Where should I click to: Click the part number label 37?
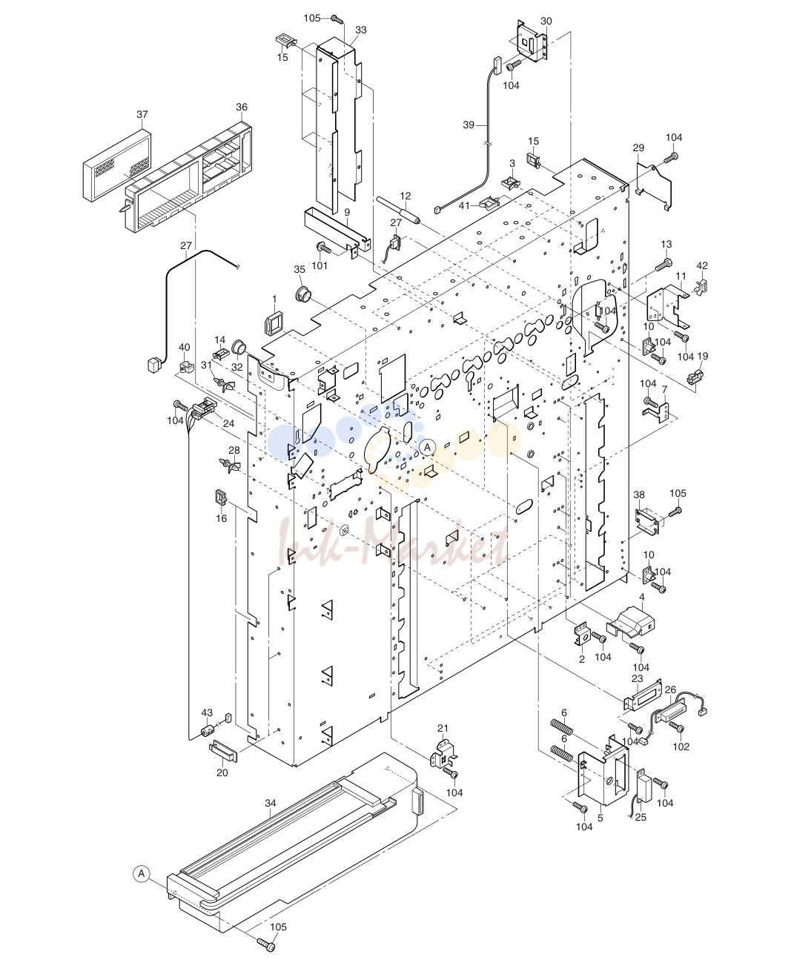142,114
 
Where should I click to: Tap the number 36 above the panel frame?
242,107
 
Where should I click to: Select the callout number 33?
361,30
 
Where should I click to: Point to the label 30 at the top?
546,21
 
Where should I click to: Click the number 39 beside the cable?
469,125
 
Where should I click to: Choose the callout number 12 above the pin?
406,196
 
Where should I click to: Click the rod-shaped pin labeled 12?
398,210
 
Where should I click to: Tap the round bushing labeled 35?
302,293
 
